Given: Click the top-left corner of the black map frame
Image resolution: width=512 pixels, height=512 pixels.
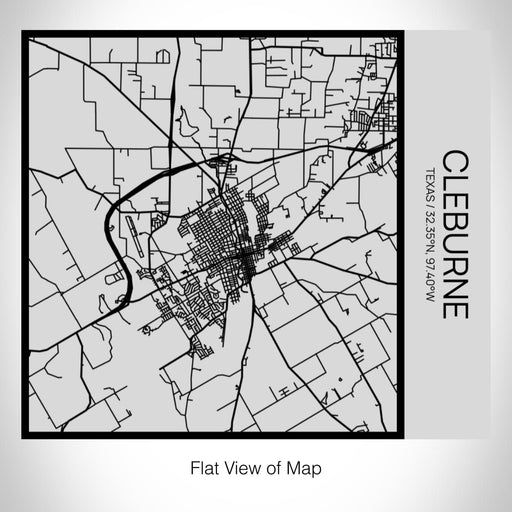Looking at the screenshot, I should pos(24,34).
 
